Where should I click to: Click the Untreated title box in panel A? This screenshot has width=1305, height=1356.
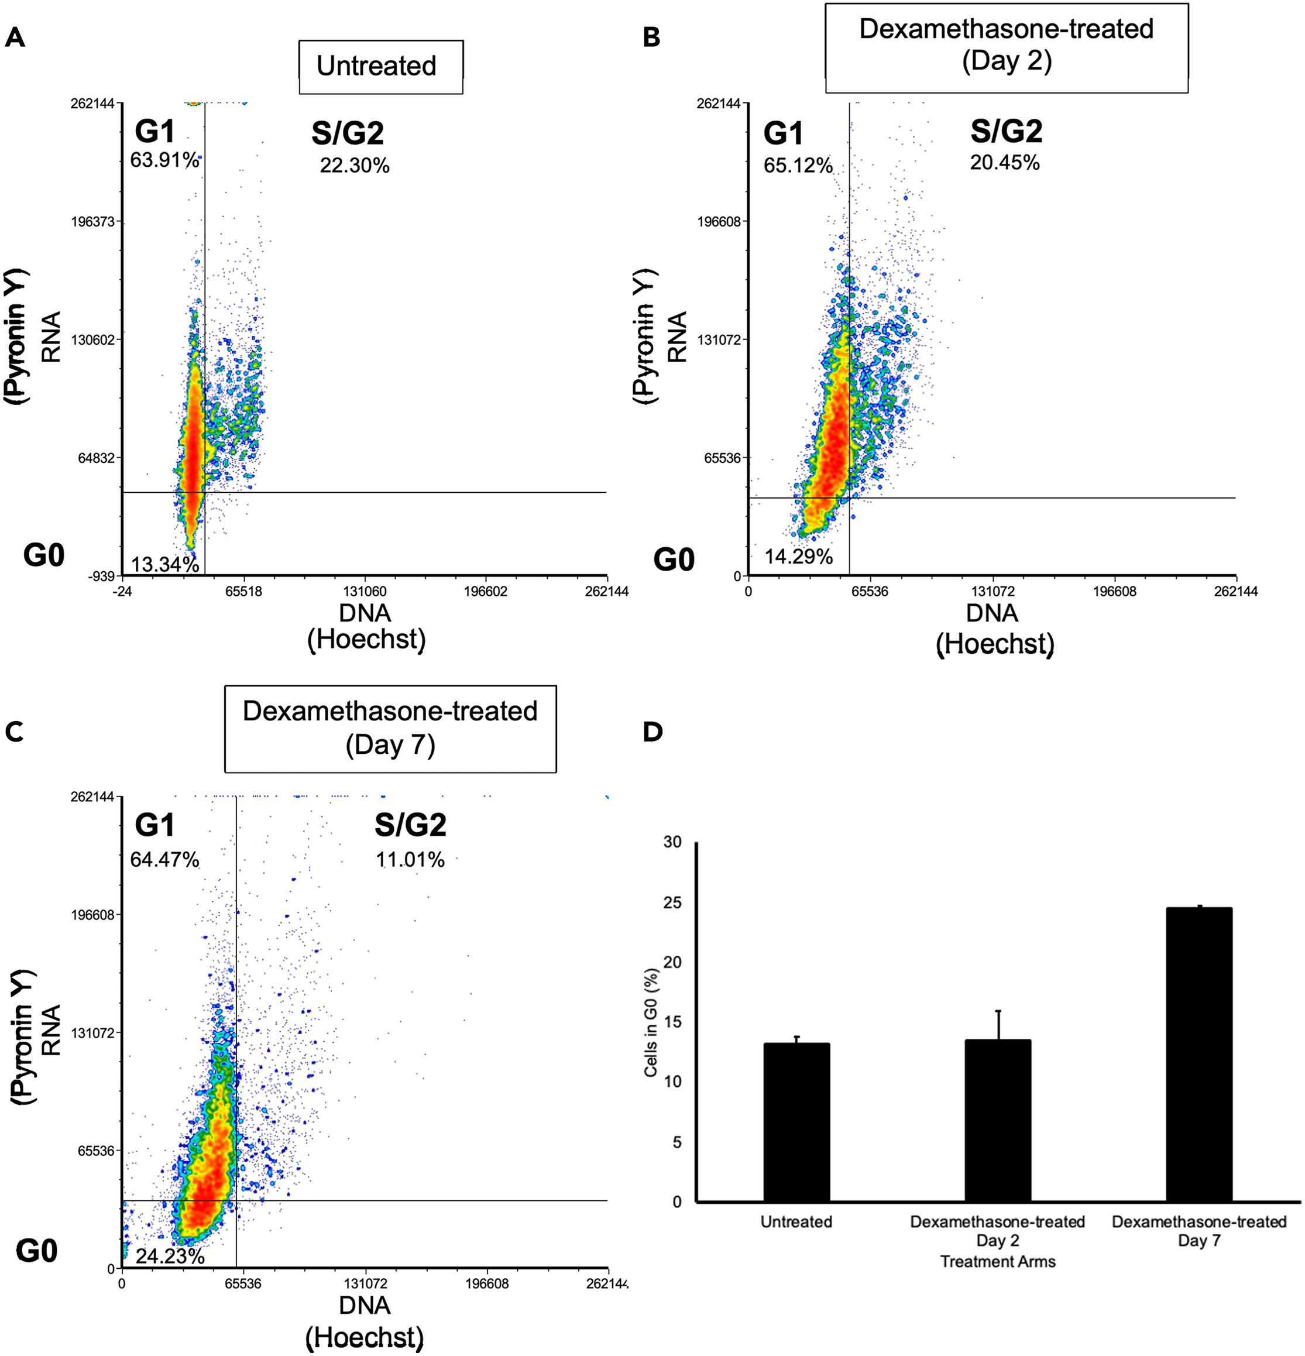[x=380, y=66]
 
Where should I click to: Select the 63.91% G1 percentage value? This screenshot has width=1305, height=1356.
[x=164, y=160]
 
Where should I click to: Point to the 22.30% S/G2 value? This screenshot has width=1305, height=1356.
[x=354, y=166]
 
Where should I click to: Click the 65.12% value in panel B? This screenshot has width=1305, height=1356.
[x=798, y=166]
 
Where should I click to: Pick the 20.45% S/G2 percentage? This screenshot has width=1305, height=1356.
[x=1004, y=163]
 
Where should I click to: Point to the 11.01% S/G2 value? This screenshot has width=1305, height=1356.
[x=410, y=860]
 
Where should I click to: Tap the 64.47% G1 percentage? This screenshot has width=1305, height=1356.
[x=164, y=860]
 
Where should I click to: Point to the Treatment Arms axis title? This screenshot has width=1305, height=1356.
[x=997, y=1262]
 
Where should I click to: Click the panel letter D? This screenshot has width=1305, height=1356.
[x=652, y=732]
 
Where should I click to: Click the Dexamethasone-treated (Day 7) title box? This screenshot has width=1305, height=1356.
[x=390, y=729]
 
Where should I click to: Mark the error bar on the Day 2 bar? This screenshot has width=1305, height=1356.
[x=998, y=1025]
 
